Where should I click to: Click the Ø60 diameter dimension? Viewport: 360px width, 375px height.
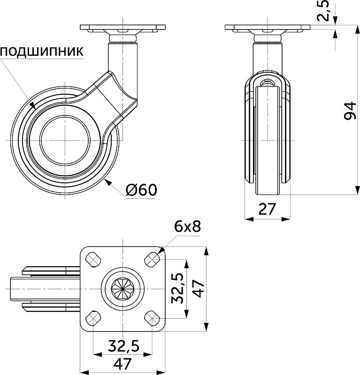pyautogui.click(x=141, y=190)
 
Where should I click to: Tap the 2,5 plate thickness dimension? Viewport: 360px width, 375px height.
pyautogui.click(x=324, y=10)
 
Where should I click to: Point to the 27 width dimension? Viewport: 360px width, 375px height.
pyautogui.click(x=267, y=209)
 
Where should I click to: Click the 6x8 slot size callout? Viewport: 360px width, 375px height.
pyautogui.click(x=187, y=227)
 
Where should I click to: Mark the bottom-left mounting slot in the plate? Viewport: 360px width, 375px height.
pyautogui.click(x=93, y=319)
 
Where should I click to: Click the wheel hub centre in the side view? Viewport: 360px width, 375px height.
pyautogui.click(x=64, y=140)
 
